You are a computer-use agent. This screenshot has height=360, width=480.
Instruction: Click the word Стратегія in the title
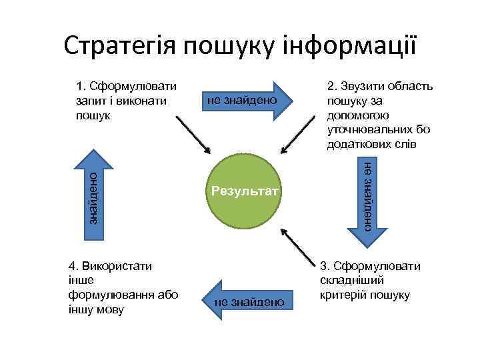120,45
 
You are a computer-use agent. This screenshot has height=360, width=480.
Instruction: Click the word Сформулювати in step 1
131,86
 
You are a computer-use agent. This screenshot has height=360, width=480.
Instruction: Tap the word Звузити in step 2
361,86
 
